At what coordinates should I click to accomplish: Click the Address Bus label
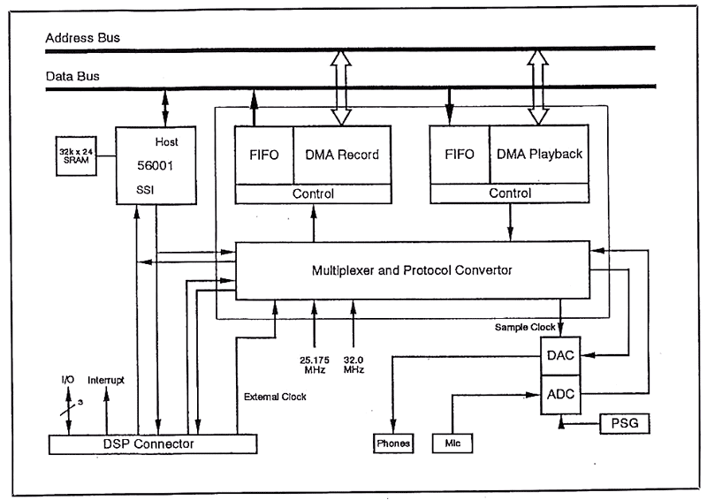82,38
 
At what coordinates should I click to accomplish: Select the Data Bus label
72,77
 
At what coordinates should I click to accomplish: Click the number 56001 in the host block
156,164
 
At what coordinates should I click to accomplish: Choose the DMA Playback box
540,154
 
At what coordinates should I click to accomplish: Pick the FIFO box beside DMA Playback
458,155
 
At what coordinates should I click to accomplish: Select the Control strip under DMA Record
313,193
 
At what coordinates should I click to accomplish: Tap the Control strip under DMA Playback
509,193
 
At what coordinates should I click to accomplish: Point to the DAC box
559,356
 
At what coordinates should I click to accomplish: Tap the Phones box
393,443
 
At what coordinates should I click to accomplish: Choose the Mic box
452,443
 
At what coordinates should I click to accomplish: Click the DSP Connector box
151,443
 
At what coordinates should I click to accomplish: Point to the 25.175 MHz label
314,364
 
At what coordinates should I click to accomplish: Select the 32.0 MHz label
354,364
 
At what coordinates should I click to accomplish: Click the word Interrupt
106,380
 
